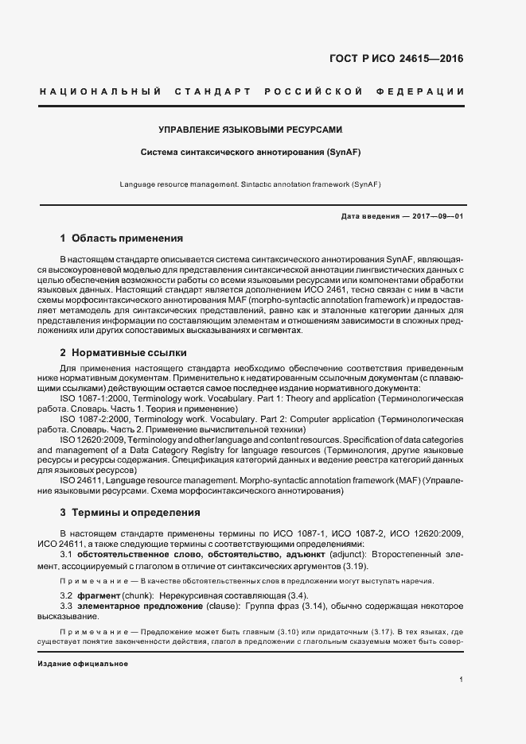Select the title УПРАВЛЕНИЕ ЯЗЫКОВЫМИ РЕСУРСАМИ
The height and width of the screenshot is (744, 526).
(x=251, y=128)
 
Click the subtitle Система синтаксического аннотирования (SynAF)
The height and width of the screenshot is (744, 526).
(x=251, y=151)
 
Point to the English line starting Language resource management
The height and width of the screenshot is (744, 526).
(x=251, y=184)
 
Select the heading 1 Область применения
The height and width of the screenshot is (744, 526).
(x=122, y=238)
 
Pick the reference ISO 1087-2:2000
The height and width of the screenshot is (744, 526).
(x=95, y=417)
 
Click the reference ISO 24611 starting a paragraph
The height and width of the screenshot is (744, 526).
(x=83, y=481)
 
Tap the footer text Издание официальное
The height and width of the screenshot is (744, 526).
(x=72, y=663)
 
